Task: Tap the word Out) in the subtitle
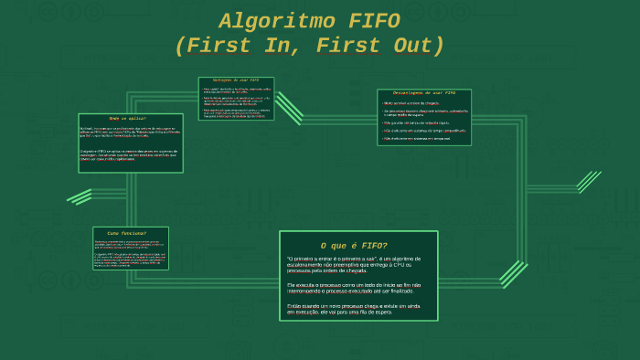click(409, 47)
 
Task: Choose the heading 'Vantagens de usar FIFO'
click(236, 80)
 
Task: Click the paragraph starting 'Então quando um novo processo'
click(353, 309)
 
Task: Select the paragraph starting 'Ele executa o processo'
click(353, 288)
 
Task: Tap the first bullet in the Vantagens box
click(236, 90)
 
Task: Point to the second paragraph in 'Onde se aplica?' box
click(129, 152)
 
